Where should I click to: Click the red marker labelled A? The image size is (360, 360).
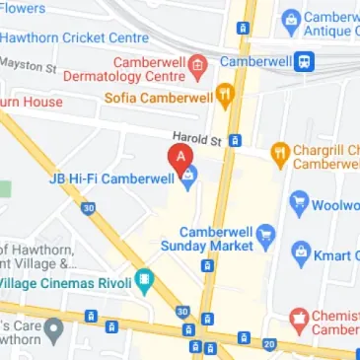(x=180, y=156)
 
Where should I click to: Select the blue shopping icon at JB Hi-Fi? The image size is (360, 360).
(x=188, y=178)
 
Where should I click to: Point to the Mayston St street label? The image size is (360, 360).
(x=28, y=65)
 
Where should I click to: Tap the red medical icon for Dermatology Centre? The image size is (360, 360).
(x=197, y=66)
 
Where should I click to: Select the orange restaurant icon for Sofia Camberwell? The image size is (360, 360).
(x=225, y=97)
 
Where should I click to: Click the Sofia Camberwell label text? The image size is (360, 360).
(x=161, y=98)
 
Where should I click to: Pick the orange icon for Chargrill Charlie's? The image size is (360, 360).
(x=279, y=154)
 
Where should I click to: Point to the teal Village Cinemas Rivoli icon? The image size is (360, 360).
(x=145, y=281)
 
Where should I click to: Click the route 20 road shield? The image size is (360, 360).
(x=269, y=343)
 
